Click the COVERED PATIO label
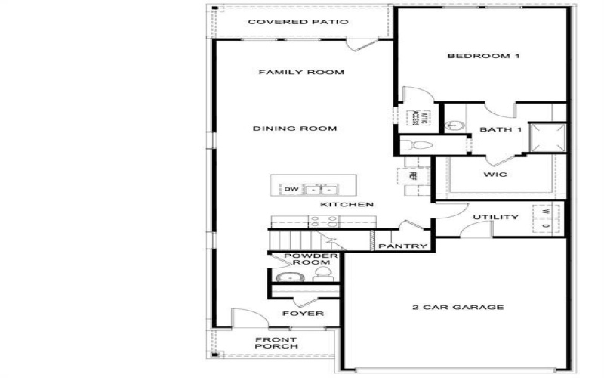298,22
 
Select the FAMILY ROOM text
301,73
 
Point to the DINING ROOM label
294,129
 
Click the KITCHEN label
347,205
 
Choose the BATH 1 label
501,130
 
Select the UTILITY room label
495,218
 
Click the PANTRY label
403,246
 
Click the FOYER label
303,313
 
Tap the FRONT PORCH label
276,342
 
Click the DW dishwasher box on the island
291,189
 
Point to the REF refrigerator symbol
413,175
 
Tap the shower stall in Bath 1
547,136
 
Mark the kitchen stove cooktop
324,222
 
